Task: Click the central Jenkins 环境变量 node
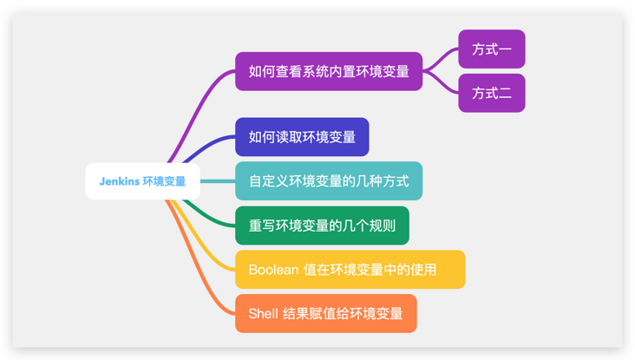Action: [142, 181]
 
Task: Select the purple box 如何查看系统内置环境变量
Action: [329, 71]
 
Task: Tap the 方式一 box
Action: [492, 49]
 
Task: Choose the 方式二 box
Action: [492, 93]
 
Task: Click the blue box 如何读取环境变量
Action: [302, 137]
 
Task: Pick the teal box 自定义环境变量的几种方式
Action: [329, 181]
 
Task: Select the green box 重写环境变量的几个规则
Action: [323, 226]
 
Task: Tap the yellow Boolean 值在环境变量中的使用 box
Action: [350, 270]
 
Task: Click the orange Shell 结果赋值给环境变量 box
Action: [326, 313]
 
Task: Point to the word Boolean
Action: [273, 270]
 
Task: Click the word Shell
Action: [263, 313]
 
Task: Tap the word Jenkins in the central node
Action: [120, 181]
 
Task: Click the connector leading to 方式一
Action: [440, 58]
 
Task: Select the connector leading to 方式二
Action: [440, 83]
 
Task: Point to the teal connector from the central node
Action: [218, 181]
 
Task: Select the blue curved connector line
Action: [207, 147]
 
